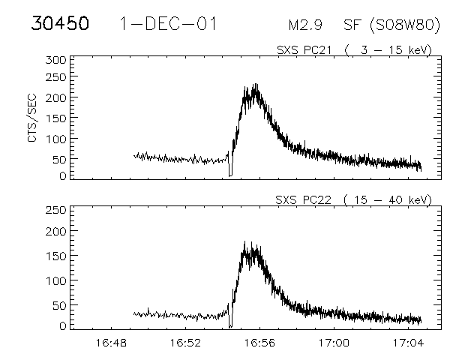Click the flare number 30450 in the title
(x=60, y=24)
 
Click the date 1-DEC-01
(x=168, y=24)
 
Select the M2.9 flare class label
(x=306, y=25)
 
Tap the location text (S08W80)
(x=404, y=25)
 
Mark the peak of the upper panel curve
(x=256, y=85)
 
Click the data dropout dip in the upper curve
(x=230, y=169)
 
